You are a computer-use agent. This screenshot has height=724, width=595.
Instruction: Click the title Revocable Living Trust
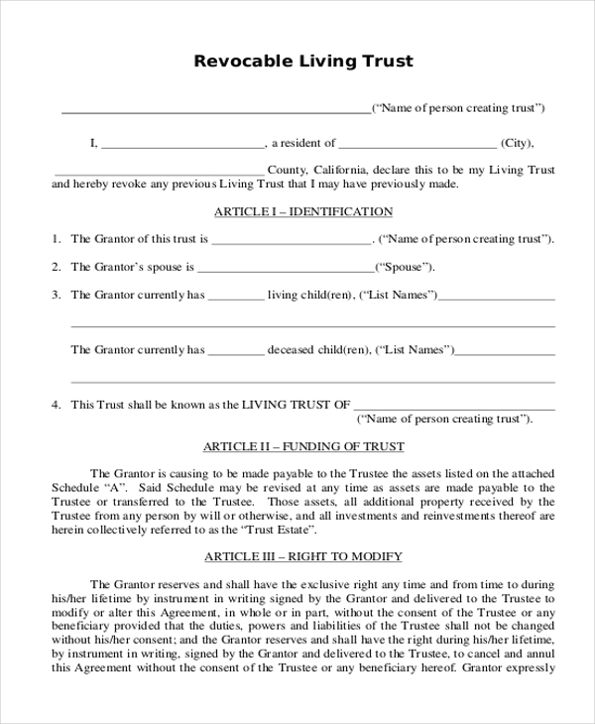pos(302,61)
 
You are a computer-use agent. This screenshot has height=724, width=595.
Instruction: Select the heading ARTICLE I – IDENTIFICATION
pos(303,211)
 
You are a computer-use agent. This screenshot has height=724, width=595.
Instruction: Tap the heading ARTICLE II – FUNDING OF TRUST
pos(303,446)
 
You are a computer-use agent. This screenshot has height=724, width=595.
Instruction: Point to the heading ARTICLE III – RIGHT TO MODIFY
pos(303,556)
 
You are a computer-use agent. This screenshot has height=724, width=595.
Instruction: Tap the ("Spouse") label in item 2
pos(405,268)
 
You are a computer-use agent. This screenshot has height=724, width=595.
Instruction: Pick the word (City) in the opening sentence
pos(518,143)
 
